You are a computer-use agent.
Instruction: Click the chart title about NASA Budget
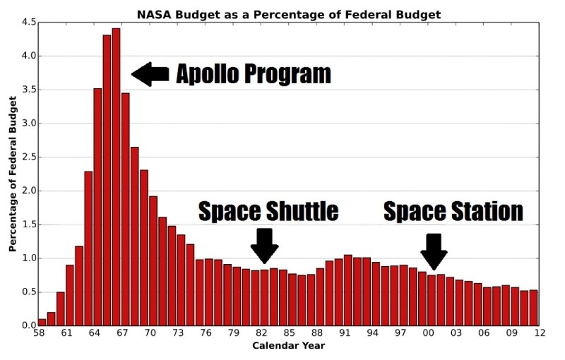point(289,14)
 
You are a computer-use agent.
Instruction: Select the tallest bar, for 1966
point(116,176)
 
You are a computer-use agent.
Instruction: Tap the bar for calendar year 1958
point(42,322)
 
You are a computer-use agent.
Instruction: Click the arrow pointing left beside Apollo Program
point(150,73)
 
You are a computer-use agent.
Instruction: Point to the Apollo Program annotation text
point(253,73)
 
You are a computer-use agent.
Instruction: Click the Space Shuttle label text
point(268,211)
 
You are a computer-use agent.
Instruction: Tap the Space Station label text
point(453,211)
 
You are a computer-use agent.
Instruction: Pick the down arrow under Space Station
point(434,251)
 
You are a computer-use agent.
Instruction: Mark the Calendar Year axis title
point(289,346)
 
